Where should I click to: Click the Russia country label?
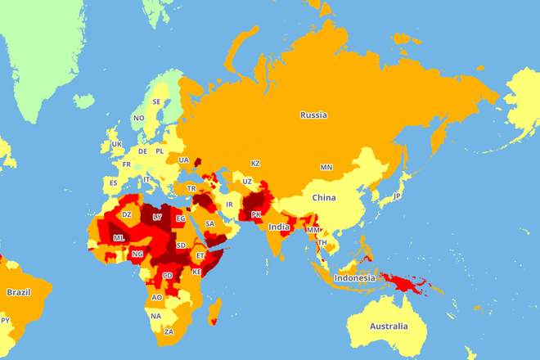313,115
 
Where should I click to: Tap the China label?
324,198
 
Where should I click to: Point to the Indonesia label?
354,277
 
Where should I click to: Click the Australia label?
388,326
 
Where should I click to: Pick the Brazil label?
19,292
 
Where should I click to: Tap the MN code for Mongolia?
326,168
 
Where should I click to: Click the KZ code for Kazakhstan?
255,164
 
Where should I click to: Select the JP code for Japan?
397,196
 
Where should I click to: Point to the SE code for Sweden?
156,102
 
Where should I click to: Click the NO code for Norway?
139,118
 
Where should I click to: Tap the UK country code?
116,144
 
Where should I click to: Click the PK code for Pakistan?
256,214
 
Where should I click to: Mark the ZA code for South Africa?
169,332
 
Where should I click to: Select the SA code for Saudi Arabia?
210,223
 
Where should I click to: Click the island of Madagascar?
215,311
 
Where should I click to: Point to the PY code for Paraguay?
6,320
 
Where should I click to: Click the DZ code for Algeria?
126,214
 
